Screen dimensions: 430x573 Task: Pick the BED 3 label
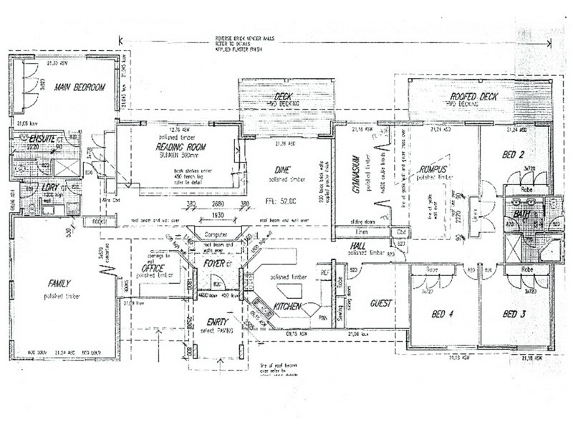515,314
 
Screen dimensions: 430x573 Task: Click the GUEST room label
380,304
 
